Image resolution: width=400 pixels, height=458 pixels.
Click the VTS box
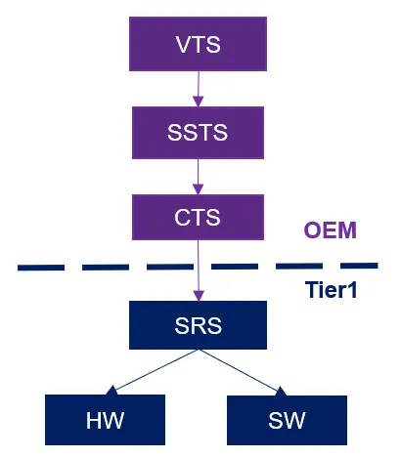click(x=198, y=44)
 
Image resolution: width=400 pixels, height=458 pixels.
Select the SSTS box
click(x=198, y=133)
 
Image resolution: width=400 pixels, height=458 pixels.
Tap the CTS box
click(x=198, y=217)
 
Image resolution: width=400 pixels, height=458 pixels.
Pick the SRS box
click(x=198, y=325)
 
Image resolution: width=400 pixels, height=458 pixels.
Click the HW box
click(x=105, y=420)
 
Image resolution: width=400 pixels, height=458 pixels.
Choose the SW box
click(x=287, y=420)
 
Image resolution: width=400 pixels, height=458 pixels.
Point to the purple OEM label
click(x=330, y=230)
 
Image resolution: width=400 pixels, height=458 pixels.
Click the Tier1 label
click(x=331, y=289)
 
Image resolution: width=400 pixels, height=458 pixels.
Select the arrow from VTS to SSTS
click(x=199, y=89)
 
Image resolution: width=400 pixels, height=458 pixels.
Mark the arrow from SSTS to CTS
click(x=199, y=177)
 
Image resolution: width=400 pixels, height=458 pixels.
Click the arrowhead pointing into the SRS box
click(x=199, y=296)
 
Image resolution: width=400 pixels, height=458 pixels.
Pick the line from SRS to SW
click(x=243, y=372)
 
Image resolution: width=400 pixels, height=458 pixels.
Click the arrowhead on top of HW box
click(x=111, y=390)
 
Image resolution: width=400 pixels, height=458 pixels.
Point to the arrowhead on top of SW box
click(x=282, y=391)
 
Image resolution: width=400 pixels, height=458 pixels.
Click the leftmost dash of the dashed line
click(x=41, y=268)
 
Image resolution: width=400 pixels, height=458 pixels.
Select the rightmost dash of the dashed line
click(x=359, y=266)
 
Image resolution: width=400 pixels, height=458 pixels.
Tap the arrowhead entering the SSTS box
click(x=199, y=102)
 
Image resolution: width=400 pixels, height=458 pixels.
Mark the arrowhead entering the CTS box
click(x=199, y=189)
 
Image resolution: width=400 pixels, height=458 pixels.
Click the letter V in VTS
click(x=184, y=44)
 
